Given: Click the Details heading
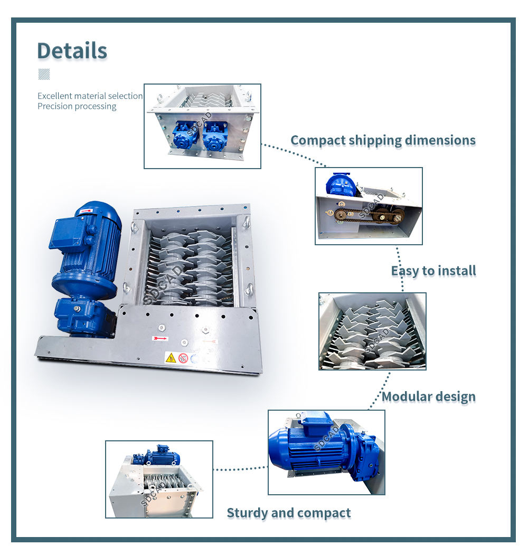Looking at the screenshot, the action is click(x=72, y=51).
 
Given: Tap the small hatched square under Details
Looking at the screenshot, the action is click(x=44, y=74).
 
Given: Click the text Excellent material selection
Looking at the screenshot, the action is click(x=90, y=96).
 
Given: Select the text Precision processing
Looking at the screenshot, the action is click(x=77, y=106).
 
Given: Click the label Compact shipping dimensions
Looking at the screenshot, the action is click(x=383, y=141).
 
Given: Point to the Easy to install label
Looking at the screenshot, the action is click(x=433, y=271).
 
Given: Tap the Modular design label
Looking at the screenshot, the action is click(x=428, y=396).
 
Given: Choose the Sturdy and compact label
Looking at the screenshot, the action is click(x=288, y=513).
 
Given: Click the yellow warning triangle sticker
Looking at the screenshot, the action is click(x=171, y=358).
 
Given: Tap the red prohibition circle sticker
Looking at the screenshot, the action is click(x=183, y=358).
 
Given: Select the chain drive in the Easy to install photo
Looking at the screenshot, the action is click(x=370, y=214).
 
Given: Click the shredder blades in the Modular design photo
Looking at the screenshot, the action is click(x=372, y=333).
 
